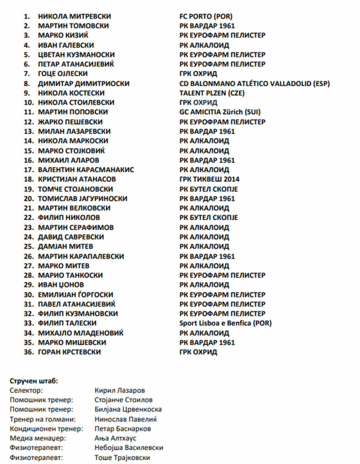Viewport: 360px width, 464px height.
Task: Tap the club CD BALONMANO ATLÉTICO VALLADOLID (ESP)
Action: [x=254, y=83]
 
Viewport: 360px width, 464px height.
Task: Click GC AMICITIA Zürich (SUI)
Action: [x=220, y=112]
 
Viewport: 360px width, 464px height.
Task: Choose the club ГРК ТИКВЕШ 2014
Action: [x=209, y=179]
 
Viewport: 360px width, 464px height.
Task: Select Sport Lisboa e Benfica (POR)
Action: [x=226, y=323]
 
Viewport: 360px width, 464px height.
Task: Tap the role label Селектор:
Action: [x=26, y=391]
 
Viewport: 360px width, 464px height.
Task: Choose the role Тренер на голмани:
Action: [x=43, y=419]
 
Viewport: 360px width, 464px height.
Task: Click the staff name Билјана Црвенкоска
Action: [x=128, y=410]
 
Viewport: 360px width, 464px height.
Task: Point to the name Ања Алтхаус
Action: [x=115, y=438]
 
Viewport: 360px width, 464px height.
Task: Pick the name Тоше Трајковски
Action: [x=122, y=457]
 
